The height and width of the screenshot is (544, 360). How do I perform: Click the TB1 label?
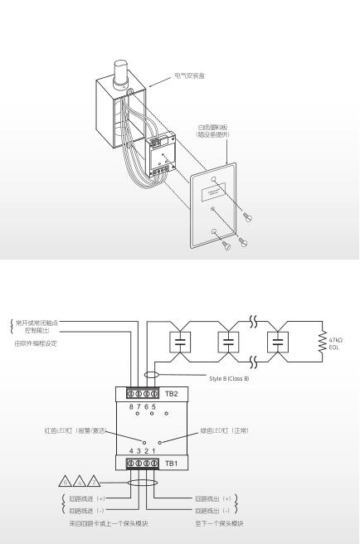(x=172, y=462)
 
